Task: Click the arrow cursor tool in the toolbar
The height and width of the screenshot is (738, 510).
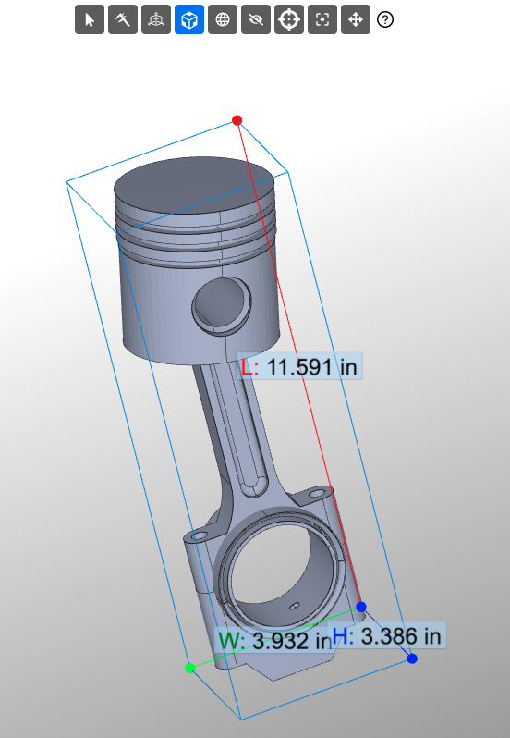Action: [x=89, y=19]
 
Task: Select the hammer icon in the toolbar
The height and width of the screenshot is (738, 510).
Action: [x=122, y=19]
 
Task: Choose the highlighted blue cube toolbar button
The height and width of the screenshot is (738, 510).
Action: [x=188, y=19]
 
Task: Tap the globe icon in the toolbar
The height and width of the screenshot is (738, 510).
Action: [x=222, y=19]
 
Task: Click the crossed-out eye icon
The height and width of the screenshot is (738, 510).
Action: [x=255, y=19]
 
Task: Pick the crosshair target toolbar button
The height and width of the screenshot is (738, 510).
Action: [x=288, y=19]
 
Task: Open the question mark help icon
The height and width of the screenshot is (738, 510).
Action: [x=385, y=19]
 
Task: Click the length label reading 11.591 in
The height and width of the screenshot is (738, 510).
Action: [x=298, y=366]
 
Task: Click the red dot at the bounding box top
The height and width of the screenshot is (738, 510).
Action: [x=237, y=120]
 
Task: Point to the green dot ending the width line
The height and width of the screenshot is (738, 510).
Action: [x=190, y=668]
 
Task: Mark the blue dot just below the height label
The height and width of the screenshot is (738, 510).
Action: [x=412, y=658]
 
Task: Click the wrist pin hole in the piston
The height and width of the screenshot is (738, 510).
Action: [x=222, y=304]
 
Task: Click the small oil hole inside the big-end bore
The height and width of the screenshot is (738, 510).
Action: [x=294, y=606]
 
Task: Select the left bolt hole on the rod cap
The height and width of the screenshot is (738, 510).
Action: [x=197, y=535]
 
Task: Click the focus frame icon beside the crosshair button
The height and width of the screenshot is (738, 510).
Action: [x=322, y=19]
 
